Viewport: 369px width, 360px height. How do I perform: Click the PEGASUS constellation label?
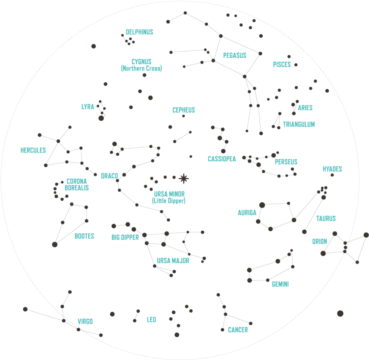point(234,56)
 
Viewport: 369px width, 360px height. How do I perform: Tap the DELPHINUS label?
point(139,32)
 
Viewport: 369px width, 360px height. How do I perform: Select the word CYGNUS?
point(141,61)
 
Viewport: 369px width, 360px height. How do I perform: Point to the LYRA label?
point(87,107)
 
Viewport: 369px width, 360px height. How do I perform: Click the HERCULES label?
point(33,150)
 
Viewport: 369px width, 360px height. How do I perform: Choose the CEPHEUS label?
point(184,110)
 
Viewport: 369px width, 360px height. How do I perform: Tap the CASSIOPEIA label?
point(222,159)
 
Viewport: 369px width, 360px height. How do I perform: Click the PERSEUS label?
point(286,162)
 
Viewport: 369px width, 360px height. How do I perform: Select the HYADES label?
point(332,169)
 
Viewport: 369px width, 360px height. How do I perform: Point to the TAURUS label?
point(326,218)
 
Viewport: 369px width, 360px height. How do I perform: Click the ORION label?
point(319,242)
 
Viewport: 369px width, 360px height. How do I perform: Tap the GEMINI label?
point(280,284)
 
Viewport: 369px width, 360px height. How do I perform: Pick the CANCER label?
point(237,330)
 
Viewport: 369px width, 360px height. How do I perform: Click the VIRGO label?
point(85,322)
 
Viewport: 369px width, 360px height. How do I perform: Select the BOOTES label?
point(84,236)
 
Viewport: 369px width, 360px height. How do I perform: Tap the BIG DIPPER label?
point(125,237)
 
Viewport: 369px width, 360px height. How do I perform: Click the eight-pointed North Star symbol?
point(184,178)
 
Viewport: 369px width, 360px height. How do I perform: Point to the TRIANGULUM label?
point(299,124)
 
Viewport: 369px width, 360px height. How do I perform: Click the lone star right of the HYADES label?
point(332,175)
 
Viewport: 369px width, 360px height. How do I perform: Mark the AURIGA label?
point(247,213)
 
